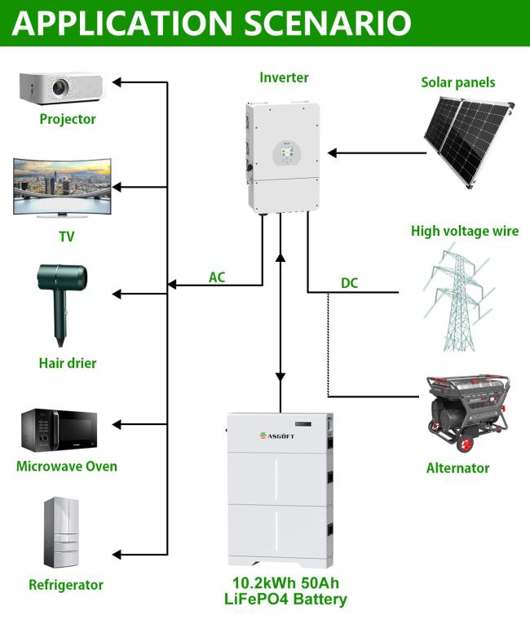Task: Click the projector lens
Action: (x=60, y=86)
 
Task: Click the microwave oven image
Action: (x=60, y=431)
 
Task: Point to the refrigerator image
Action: (x=61, y=533)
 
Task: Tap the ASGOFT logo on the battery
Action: (x=277, y=436)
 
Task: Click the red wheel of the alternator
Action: (x=465, y=444)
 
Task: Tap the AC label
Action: (x=217, y=277)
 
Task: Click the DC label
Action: (x=349, y=283)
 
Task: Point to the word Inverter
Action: (x=284, y=77)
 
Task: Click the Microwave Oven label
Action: (x=67, y=467)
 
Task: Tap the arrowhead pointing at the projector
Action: (x=117, y=82)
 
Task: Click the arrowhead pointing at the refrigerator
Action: (x=117, y=555)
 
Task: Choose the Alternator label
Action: (x=457, y=468)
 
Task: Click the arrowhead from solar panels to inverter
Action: (x=332, y=153)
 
